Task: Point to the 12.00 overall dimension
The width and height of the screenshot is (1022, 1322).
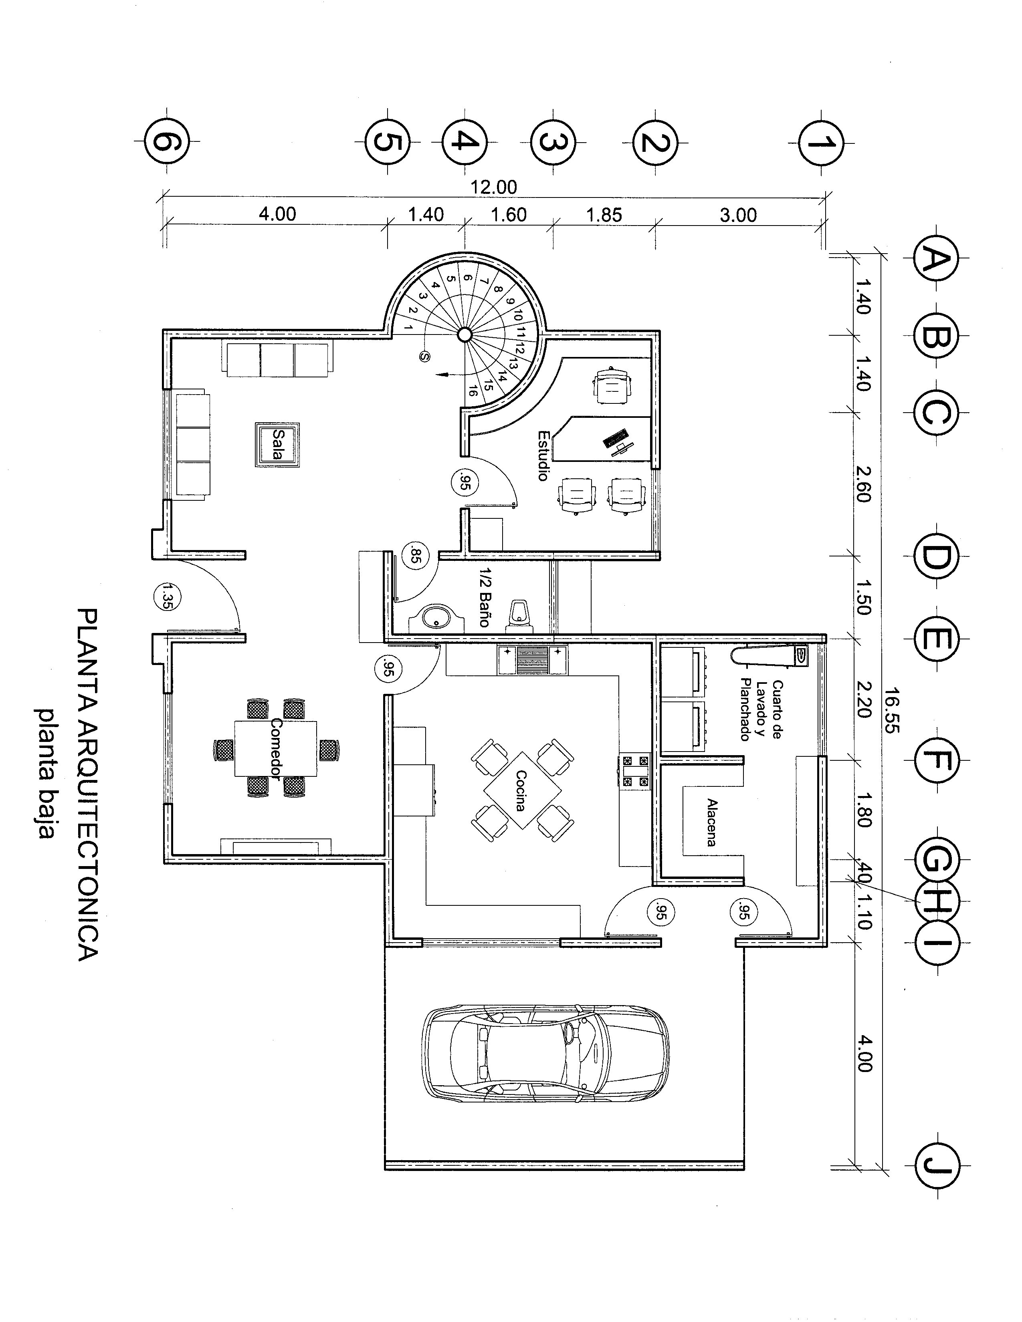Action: click(493, 187)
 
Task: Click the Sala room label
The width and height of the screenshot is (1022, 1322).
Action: click(278, 444)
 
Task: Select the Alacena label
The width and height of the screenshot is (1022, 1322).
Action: click(711, 822)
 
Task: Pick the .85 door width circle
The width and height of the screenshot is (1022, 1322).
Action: click(415, 555)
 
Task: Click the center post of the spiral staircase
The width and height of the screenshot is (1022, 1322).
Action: click(465, 334)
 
